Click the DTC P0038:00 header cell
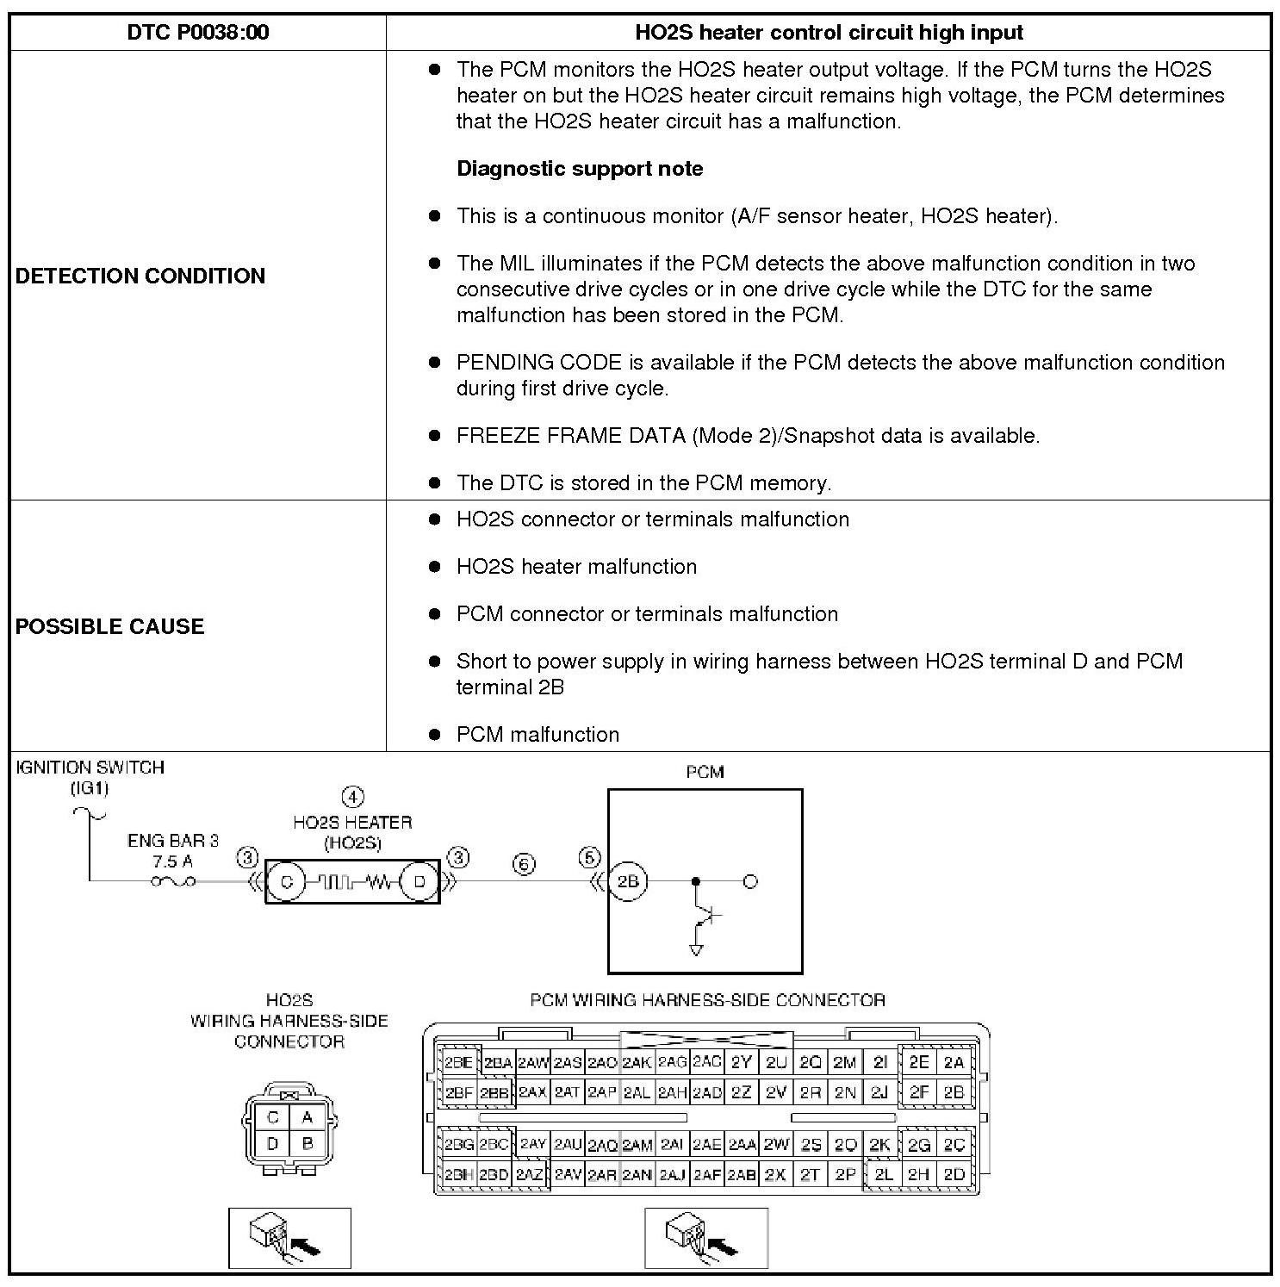[197, 33]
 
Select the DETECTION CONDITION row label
[140, 276]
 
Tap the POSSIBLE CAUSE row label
[109, 626]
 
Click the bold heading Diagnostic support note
[580, 169]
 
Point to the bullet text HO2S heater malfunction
[576, 567]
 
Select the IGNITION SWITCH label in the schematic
[90, 768]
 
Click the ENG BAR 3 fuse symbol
[173, 881]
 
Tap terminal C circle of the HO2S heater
[286, 882]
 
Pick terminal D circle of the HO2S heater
[420, 882]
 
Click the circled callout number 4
[352, 798]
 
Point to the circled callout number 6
[524, 865]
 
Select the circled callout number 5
[589, 858]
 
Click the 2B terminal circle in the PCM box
[628, 882]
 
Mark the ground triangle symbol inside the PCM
[696, 949]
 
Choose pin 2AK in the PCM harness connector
[637, 1063]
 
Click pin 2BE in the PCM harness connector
[457, 1063]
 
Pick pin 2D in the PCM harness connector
[954, 1174]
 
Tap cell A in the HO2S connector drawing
[308, 1117]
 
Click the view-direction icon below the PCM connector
[705, 1238]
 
